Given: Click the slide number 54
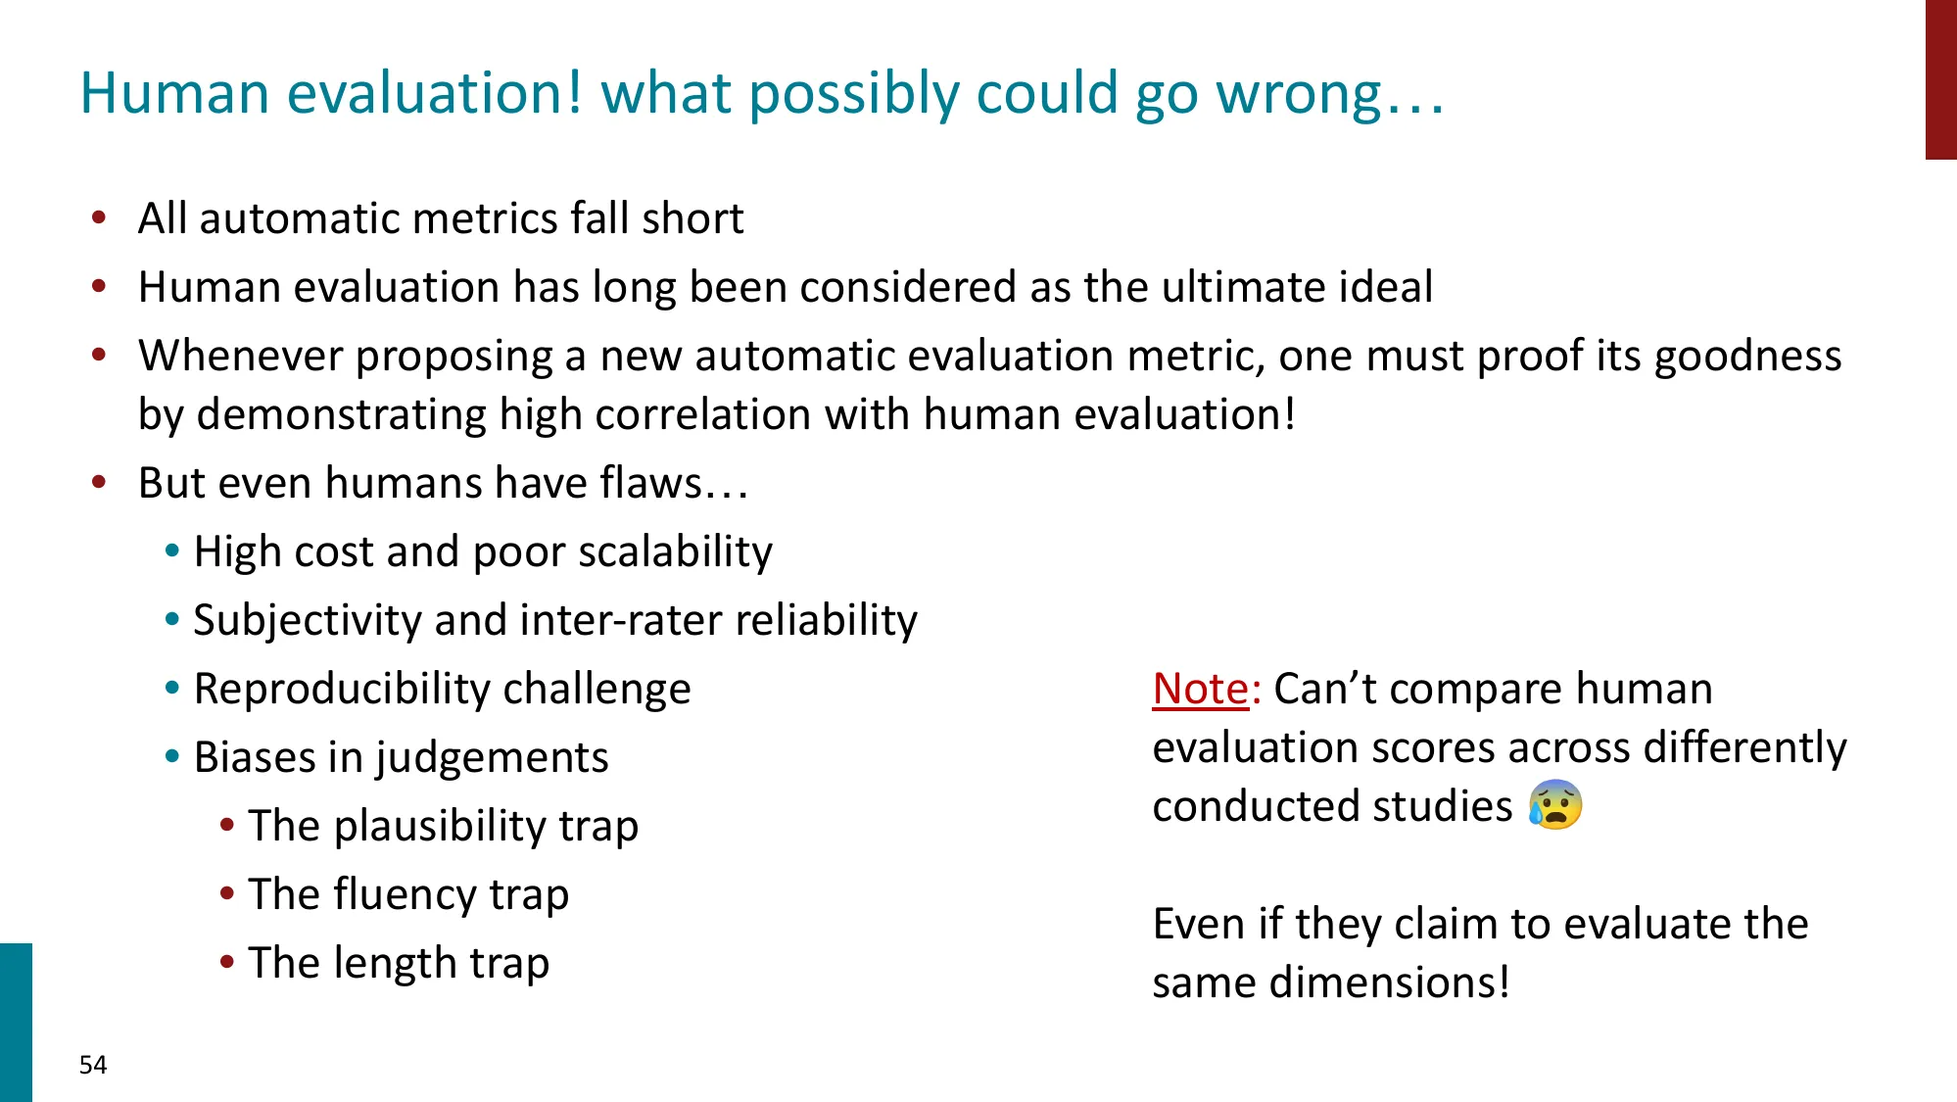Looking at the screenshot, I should (x=93, y=1065).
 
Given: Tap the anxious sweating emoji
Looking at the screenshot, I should (x=1554, y=805).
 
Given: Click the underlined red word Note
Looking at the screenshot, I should (x=1200, y=689).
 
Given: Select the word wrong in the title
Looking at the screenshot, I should (x=1299, y=94).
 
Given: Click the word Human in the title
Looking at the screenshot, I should (x=174, y=94).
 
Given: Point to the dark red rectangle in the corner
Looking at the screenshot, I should (x=1940, y=78).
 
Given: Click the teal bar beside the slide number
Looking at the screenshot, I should (x=16, y=1022).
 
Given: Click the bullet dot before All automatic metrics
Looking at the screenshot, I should (x=99, y=217).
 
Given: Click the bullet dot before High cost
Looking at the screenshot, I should (x=172, y=551).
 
